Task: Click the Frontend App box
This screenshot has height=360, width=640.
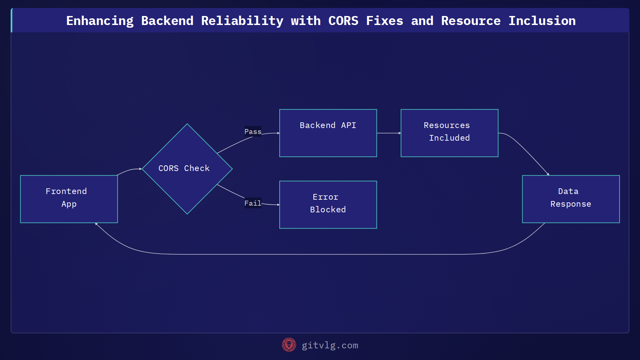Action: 69,199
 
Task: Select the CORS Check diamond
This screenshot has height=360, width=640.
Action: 187,169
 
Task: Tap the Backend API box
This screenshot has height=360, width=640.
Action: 328,133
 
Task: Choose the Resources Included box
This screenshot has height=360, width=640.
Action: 449,133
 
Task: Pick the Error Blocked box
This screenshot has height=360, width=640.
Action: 328,205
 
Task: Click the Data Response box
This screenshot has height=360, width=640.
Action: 571,199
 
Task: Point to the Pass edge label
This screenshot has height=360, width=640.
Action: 253,132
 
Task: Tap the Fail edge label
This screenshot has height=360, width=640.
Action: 253,203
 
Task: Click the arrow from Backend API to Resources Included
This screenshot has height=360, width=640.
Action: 389,133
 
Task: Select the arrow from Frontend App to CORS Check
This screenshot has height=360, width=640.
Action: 129,170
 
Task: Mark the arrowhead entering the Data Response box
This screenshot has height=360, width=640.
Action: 548,174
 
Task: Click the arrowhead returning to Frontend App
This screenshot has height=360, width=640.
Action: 96,224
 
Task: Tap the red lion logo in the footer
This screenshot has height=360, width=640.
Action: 289,345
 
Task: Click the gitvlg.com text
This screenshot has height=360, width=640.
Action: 330,345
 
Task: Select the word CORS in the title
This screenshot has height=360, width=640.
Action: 343,21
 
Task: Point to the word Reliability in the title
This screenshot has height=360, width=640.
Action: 242,21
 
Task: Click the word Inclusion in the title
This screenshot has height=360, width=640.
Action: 542,21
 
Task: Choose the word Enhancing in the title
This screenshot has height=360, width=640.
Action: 100,21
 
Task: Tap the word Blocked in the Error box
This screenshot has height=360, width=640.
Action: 328,210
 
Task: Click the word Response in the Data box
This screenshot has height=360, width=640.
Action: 571,204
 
